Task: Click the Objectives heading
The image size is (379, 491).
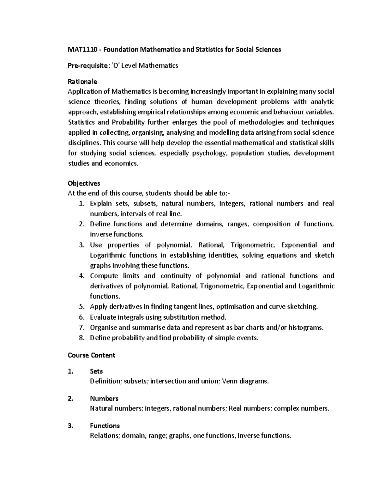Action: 84,183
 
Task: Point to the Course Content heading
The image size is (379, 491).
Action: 91,355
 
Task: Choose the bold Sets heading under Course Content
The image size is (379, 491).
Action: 96,371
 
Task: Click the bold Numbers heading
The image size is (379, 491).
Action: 104,398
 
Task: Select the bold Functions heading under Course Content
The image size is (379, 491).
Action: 105,426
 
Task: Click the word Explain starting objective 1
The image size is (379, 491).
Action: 101,203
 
